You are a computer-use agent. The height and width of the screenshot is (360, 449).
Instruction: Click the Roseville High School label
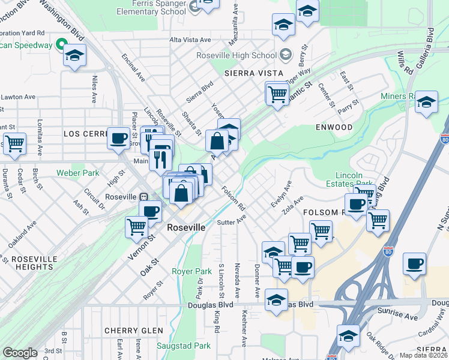237,55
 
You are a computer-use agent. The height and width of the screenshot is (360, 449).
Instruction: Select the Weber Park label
77,173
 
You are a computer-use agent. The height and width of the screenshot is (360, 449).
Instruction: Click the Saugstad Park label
183,346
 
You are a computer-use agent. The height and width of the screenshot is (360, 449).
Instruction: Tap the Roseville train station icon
144,197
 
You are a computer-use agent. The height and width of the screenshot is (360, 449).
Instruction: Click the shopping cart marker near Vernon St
136,226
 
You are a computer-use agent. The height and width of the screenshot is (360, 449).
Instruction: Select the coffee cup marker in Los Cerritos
118,138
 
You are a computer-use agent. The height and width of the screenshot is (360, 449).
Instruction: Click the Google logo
20,353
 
